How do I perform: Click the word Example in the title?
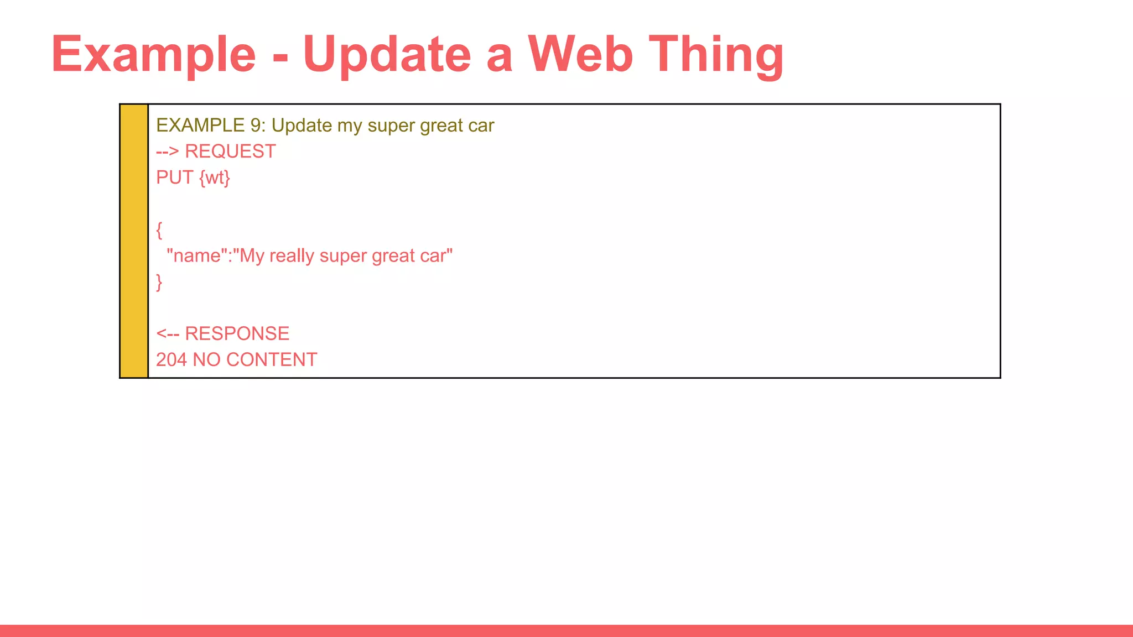153,54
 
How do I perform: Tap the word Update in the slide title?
387,54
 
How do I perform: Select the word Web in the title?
580,54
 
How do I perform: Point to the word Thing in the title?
716,54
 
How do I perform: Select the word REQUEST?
230,152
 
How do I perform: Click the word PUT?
174,177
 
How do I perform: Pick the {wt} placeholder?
215,177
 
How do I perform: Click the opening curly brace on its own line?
159,230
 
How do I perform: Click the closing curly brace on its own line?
159,282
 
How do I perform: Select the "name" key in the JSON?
196,256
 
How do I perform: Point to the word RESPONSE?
237,334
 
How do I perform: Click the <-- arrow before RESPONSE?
167,334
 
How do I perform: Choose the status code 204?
171,360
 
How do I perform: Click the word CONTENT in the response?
272,360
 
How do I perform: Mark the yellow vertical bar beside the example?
134,241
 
